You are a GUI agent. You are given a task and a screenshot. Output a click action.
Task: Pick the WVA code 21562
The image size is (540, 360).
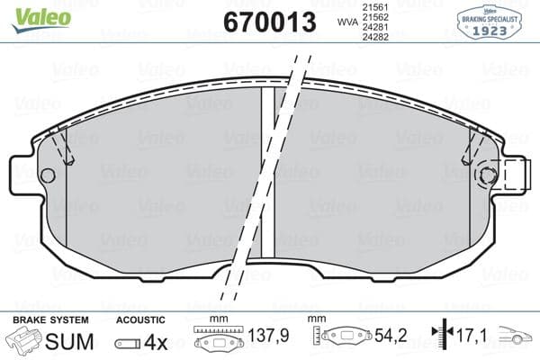(x=375, y=17)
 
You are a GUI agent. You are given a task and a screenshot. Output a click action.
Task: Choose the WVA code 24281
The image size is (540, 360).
(x=375, y=28)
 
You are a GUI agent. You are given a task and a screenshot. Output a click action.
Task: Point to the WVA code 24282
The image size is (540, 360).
(x=375, y=39)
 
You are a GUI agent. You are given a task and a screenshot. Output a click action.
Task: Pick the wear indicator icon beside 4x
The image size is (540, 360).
(x=129, y=343)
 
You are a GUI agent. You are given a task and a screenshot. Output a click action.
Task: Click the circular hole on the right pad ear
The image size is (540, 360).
(x=489, y=175)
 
